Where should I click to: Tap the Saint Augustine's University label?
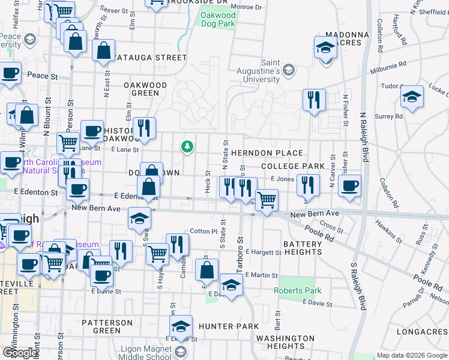pyautogui.click(x=279, y=70)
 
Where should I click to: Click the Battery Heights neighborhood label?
pyautogui.click(x=303, y=248)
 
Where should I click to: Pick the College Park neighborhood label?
pyautogui.click(x=293, y=166)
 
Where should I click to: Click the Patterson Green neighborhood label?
pyautogui.click(x=107, y=326)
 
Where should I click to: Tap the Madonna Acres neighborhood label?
pyautogui.click(x=343, y=38)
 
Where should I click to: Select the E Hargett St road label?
pyautogui.click(x=263, y=253)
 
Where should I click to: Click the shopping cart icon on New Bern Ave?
pyautogui.click(x=267, y=200)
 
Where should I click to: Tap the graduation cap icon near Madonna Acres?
pyautogui.click(x=325, y=47)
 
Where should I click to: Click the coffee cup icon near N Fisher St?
pyautogui.click(x=349, y=185)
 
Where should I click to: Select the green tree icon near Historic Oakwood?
pyautogui.click(x=187, y=146)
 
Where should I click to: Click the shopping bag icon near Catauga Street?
pyautogui.click(x=104, y=51)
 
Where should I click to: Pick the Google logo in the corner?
pyautogui.click(x=20, y=353)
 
